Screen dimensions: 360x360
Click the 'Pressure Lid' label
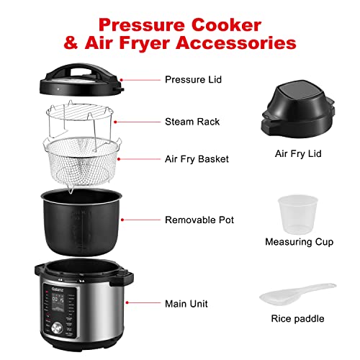pos(193,79)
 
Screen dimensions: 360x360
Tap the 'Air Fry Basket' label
pos(197,159)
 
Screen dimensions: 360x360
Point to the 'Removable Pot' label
pos(199,220)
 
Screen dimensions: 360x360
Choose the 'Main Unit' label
pos(186,304)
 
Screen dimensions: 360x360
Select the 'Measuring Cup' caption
pos(299,242)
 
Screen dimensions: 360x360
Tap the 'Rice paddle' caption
pos(298,318)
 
